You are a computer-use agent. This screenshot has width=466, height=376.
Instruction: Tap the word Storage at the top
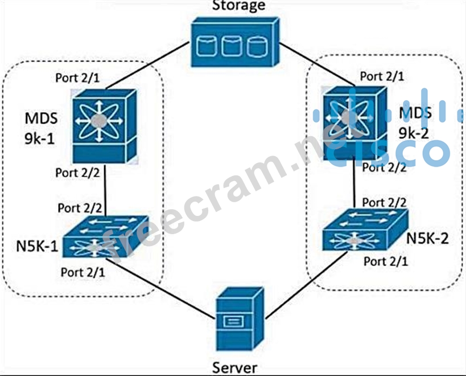pos(239,6)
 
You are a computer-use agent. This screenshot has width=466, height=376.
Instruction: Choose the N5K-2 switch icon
pos(365,231)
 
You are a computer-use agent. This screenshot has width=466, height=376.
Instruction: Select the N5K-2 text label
pos(427,238)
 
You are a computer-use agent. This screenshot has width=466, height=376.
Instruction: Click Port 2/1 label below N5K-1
pos(83,269)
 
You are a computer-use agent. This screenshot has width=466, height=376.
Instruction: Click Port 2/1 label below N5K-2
pos(386,261)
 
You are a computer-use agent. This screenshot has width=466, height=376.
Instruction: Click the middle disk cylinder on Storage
pos(230,46)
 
